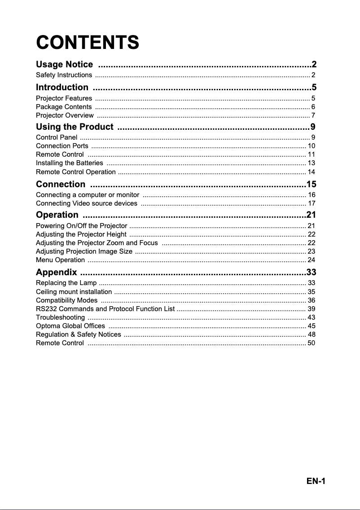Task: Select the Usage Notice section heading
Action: pyautogui.click(x=65, y=65)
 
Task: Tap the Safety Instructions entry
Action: pyautogui.click(x=64, y=75)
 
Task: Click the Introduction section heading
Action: pyautogui.click(x=62, y=87)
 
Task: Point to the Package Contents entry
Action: pyautogui.click(x=64, y=107)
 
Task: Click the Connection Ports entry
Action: pyautogui.click(x=62, y=146)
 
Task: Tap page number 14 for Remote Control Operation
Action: pyautogui.click(x=311, y=172)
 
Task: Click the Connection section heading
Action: pyautogui.click(x=61, y=184)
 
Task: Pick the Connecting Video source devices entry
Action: pyautogui.click(x=87, y=204)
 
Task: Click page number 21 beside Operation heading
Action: pyautogui.click(x=311, y=215)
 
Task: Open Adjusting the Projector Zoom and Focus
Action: pyautogui.click(x=97, y=243)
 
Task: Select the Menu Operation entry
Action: pyautogui.click(x=60, y=260)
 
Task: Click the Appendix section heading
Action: pyautogui.click(x=57, y=272)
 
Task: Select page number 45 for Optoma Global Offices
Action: pyautogui.click(x=311, y=326)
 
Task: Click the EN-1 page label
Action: pyautogui.click(x=316, y=481)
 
